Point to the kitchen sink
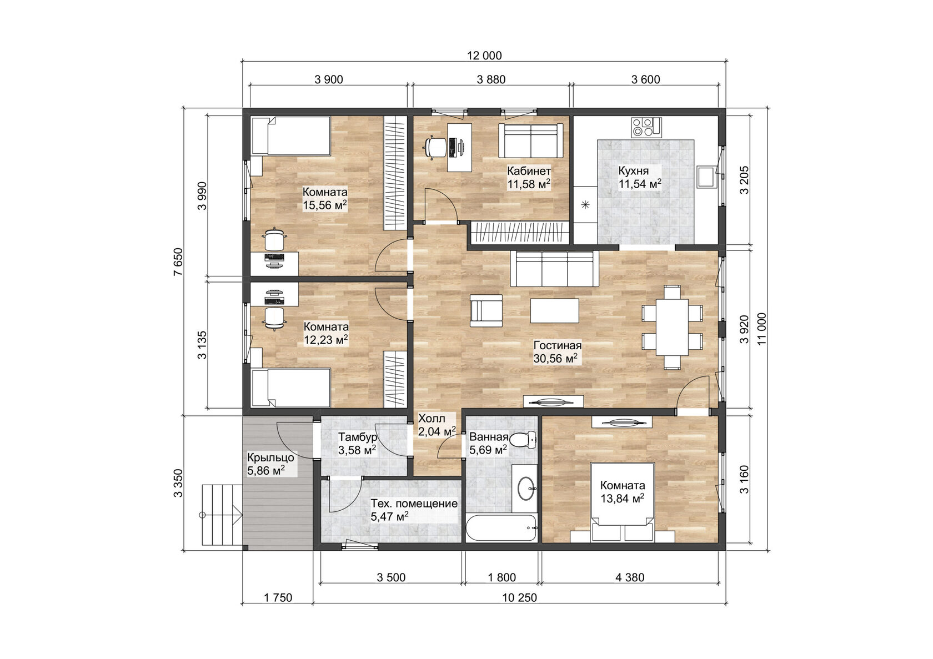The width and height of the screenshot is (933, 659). coord(707,177)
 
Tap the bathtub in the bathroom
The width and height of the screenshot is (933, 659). coord(501,529)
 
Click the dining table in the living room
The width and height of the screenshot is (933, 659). coord(672,327)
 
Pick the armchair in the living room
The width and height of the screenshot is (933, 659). coord(486,310)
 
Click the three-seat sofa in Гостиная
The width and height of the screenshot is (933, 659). coord(555,268)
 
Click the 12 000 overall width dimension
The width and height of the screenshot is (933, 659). coord(484,56)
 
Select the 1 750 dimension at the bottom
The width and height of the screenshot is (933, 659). coord(278,598)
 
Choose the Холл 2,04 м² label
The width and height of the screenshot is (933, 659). coord(437,425)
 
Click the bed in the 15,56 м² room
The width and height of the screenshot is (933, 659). coord(290,135)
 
